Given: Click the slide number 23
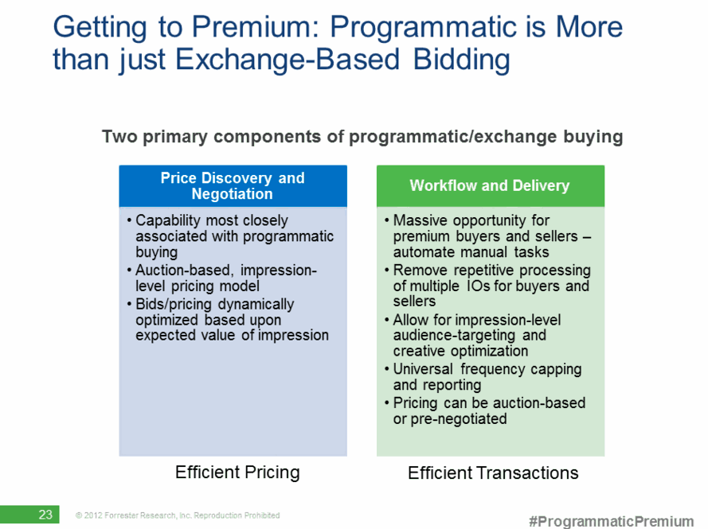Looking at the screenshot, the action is coord(45,515).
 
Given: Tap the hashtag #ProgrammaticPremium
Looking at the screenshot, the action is coord(611,521).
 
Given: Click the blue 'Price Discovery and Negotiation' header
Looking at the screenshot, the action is coord(233,186).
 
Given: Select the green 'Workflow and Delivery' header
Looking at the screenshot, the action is coord(491,186).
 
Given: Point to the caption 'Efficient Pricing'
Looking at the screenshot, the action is coord(237,473).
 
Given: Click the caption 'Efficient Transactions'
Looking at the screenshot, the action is coord(493,473).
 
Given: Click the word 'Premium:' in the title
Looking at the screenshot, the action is coord(256,26).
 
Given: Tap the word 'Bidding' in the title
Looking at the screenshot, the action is coord(461,60).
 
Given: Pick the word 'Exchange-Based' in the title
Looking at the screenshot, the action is coord(288,60).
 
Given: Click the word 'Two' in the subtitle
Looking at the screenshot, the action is coord(119,136).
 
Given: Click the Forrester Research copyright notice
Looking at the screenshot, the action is coord(178,515).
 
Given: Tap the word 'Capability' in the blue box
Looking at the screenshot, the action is coord(168,220).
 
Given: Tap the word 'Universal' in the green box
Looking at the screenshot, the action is coord(423,369).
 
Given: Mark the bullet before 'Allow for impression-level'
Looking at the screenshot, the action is coord(387,320).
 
